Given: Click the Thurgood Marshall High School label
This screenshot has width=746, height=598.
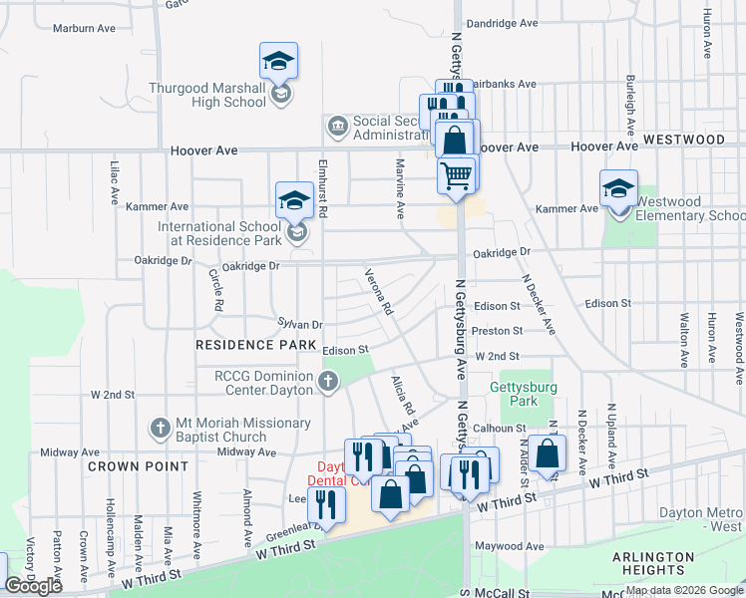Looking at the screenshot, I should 207,95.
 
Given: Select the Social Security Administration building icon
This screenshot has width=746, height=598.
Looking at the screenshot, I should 337,127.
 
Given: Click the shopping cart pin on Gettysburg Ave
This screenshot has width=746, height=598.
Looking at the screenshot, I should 457,175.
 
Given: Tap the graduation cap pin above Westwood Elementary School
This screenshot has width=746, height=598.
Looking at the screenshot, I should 619,187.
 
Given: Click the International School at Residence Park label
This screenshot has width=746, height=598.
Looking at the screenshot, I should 219,233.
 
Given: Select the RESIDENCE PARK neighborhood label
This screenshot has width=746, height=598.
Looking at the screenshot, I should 248,345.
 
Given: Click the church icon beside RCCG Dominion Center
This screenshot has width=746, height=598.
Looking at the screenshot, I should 328,381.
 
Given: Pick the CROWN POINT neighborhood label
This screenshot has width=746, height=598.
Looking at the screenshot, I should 138,466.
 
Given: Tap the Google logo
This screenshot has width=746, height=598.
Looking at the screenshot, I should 34,586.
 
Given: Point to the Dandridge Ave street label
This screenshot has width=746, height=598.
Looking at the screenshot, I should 502,23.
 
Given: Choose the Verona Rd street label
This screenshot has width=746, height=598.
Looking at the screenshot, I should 377,291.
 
